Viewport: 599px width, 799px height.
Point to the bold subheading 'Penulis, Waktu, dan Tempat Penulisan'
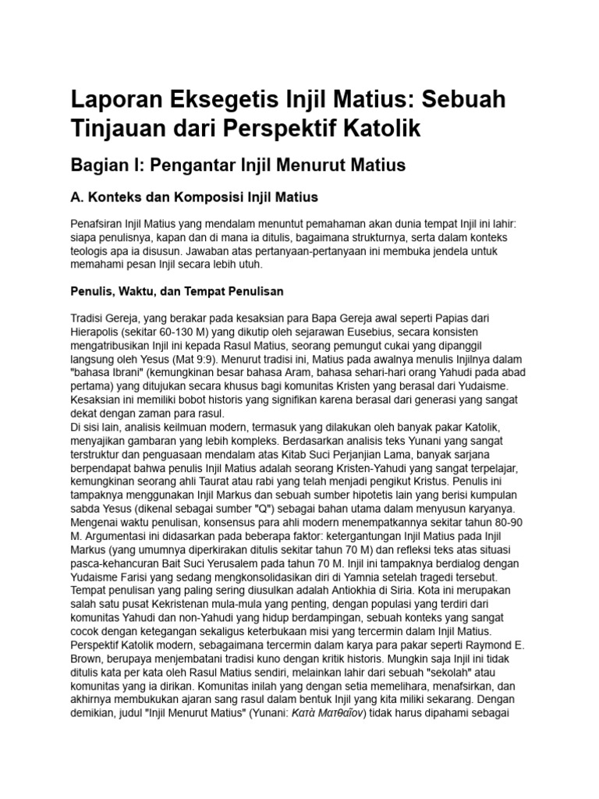click(x=176, y=291)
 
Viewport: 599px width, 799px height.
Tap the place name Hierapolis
click(x=97, y=332)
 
